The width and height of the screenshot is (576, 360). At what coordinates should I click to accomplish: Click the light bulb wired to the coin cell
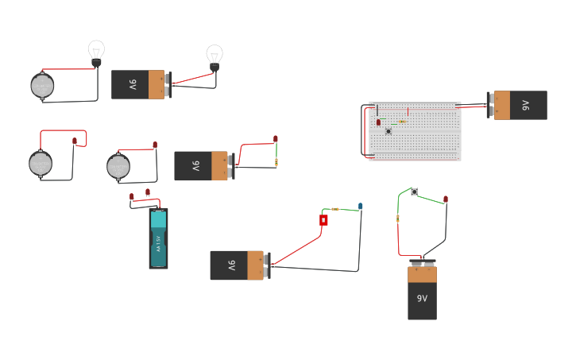point(96,52)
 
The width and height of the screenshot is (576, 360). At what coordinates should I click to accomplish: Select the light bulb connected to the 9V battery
point(214,56)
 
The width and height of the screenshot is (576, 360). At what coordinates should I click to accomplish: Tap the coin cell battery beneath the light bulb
point(42,86)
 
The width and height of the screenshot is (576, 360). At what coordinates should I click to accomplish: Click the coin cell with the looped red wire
point(40,163)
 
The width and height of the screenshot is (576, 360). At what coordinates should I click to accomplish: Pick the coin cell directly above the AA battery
point(118,167)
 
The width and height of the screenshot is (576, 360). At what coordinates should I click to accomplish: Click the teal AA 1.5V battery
point(158,238)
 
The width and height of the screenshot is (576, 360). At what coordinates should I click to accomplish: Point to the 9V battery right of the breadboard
point(518,105)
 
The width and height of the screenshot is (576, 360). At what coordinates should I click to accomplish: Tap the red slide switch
point(323,220)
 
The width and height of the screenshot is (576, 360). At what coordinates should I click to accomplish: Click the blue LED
point(360,206)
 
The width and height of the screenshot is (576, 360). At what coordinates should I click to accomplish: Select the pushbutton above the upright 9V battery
point(414,192)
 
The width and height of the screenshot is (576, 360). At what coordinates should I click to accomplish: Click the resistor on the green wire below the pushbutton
point(397,219)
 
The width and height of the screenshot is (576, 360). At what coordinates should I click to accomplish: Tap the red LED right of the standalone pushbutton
point(445,199)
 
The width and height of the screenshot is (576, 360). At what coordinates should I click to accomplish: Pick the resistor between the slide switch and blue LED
point(337,210)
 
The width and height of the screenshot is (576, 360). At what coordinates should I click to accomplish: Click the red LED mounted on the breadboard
point(378,122)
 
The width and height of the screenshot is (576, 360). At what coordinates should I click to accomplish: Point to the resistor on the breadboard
point(403,122)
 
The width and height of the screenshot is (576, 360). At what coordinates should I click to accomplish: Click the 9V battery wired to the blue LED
point(238,265)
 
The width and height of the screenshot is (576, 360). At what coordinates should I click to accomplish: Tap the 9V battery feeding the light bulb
point(140,84)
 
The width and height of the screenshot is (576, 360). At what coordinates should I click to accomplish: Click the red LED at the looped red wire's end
point(75,141)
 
